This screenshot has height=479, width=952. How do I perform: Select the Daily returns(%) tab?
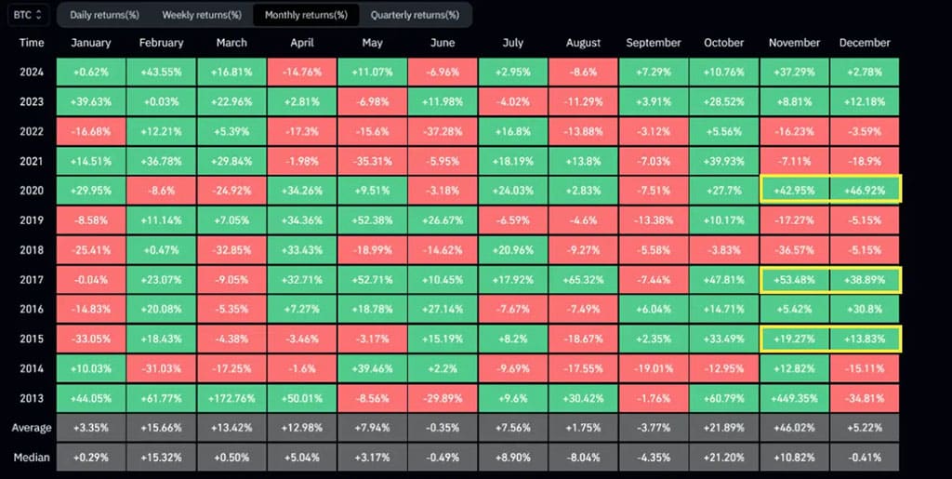[x=104, y=15]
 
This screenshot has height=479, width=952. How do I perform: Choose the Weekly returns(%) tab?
[x=202, y=15]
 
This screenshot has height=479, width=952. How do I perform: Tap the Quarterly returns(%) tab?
[x=415, y=15]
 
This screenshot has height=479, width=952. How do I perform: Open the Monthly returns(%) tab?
[x=306, y=15]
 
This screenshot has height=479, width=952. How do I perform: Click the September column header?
[x=654, y=43]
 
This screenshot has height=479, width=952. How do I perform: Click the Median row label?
[x=32, y=458]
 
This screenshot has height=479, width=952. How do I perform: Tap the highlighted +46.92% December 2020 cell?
[x=865, y=191]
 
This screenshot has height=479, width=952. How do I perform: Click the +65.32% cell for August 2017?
[x=584, y=279]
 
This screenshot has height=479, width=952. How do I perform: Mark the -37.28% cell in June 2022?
[x=443, y=132]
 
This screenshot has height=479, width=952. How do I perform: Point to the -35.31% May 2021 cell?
[x=372, y=162]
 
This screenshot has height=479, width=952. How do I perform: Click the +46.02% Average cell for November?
[x=794, y=428]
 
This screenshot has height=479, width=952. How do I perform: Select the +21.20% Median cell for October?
[x=724, y=458]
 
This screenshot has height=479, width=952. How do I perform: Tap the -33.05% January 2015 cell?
[x=90, y=338]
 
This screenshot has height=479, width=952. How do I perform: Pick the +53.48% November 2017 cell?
[x=794, y=279]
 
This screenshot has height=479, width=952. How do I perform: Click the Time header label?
[x=32, y=43]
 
